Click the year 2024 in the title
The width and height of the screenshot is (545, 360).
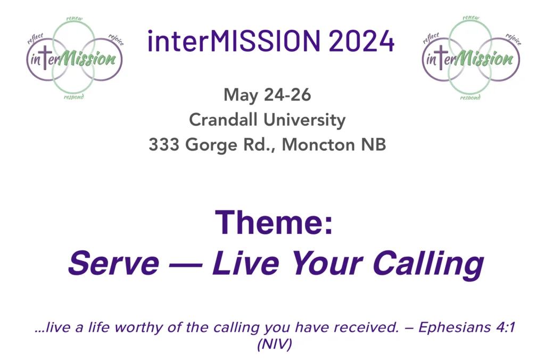click(361, 41)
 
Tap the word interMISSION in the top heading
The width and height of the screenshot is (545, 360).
click(234, 41)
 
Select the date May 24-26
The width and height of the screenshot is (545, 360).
click(267, 95)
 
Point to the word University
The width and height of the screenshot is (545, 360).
click(304, 120)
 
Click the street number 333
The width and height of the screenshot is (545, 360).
click(164, 144)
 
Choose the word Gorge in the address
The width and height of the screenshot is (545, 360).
click(211, 145)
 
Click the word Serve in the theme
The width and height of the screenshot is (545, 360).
click(114, 263)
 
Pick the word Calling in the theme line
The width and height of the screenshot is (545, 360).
click(428, 265)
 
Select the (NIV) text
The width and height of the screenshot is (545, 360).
click(275, 344)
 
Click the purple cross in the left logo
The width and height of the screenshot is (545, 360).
click(45, 58)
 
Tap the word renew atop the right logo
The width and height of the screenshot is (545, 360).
click(471, 18)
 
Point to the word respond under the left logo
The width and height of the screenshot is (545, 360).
click(73, 97)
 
